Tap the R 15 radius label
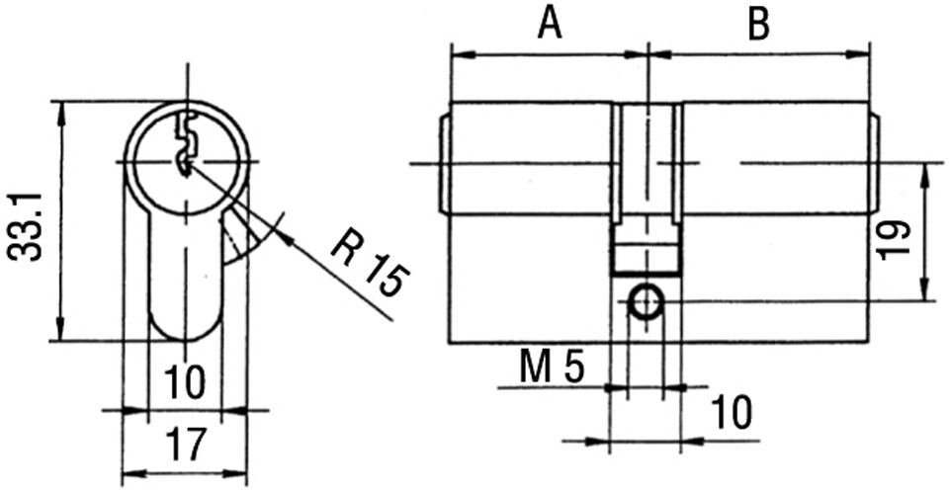point(369,265)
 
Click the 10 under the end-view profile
point(185,380)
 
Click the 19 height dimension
point(894,238)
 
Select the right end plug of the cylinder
point(875,163)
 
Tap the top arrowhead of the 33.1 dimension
point(61,109)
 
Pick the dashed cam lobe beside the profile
point(237,237)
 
